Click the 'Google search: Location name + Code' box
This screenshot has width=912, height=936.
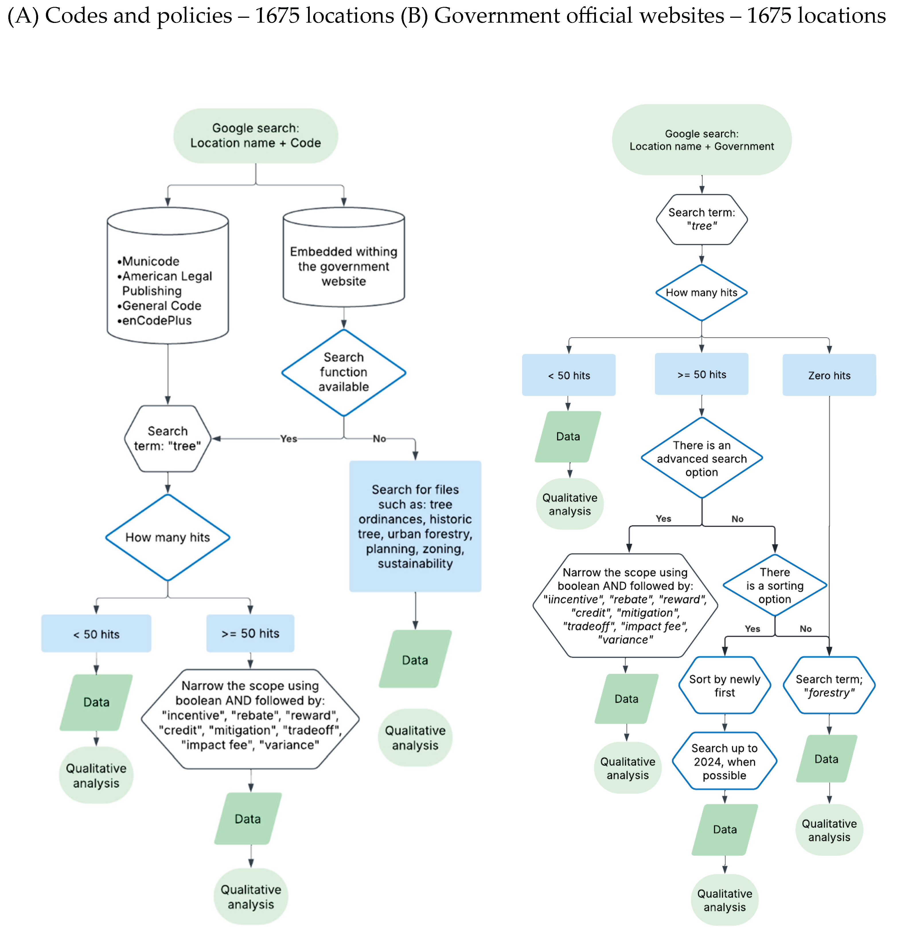pyautogui.click(x=255, y=136)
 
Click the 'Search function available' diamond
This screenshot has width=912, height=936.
pyautogui.click(x=344, y=372)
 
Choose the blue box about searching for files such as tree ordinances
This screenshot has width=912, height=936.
pyautogui.click(x=415, y=526)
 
